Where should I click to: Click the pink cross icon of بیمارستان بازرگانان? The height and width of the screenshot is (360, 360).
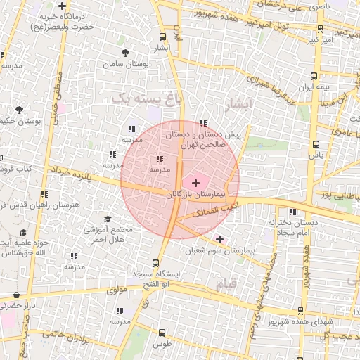(195, 183)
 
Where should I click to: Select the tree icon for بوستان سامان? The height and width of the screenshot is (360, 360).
(125, 53)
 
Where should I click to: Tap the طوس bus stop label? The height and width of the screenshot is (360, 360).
(162, 344)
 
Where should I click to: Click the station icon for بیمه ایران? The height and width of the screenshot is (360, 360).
(314, 77)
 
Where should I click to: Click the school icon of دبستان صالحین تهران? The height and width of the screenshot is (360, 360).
(203, 124)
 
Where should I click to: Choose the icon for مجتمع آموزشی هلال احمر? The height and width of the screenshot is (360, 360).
(108, 219)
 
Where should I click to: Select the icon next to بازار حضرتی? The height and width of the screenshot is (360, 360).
(16, 295)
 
